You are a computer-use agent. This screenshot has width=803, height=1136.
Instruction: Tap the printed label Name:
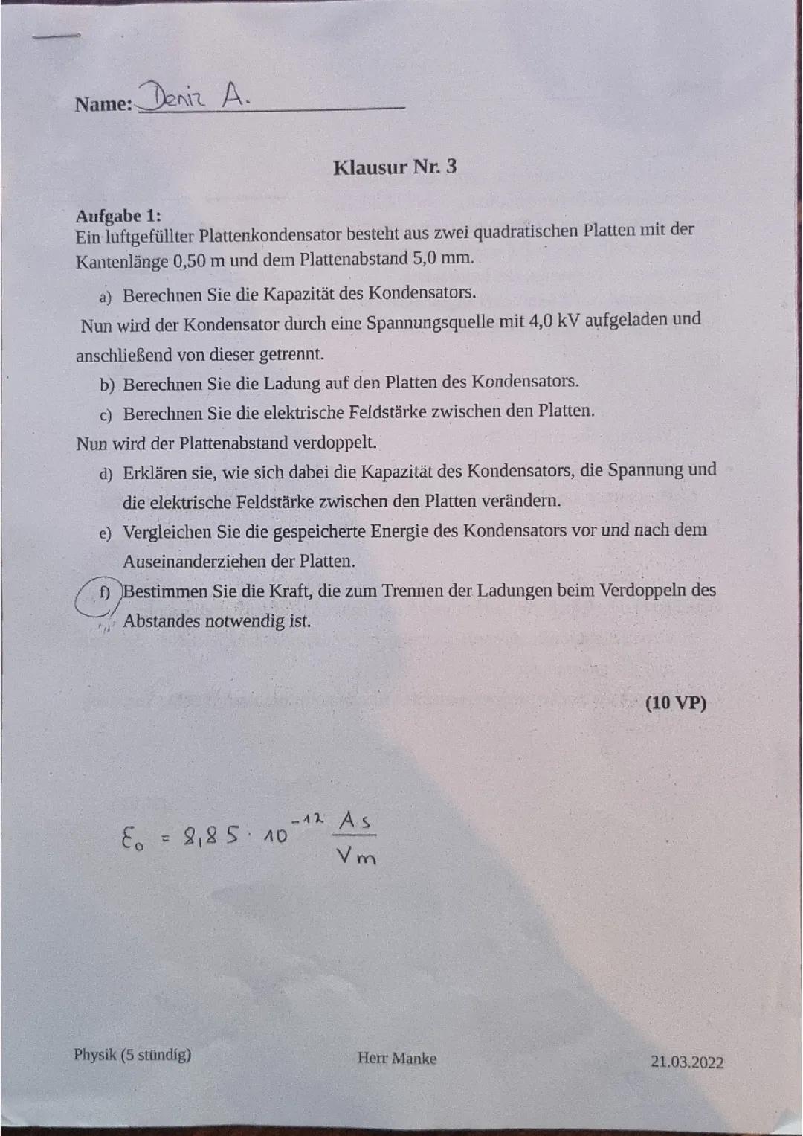[x=103, y=104]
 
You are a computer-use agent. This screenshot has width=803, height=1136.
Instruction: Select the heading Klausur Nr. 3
[x=395, y=167]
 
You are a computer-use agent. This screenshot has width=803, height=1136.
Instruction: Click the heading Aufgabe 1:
[x=118, y=216]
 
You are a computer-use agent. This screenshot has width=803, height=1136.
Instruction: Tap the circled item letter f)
[x=104, y=593]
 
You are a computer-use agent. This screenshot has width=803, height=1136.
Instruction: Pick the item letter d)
[x=106, y=474]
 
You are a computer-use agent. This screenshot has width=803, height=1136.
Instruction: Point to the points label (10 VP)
[x=675, y=703]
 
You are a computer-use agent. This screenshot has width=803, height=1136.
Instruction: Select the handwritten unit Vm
[x=356, y=857]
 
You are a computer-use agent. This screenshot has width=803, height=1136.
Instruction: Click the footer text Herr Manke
[x=396, y=1058]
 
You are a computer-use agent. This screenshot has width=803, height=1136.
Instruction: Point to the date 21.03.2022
[x=686, y=1062]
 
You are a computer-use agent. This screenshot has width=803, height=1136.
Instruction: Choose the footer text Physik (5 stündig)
[x=132, y=1054]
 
